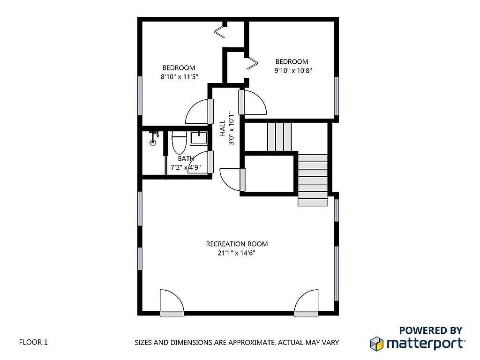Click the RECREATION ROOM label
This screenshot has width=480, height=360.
[x=237, y=244]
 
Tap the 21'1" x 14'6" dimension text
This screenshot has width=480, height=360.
[x=237, y=253]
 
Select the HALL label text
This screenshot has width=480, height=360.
[x=222, y=128]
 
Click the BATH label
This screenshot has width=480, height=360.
[x=186, y=159]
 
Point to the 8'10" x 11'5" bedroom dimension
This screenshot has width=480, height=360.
[x=179, y=76]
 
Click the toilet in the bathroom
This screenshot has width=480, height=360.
[x=179, y=142]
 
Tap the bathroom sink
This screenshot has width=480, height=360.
[x=198, y=138]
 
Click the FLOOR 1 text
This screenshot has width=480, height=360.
[x=33, y=342]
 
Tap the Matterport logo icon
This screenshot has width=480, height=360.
[x=377, y=343]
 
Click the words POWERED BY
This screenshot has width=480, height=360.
[x=430, y=330]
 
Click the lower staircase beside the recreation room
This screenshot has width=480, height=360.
[x=313, y=180]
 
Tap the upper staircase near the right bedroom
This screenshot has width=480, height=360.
[x=279, y=136]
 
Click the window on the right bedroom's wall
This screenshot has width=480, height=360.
[x=336, y=96]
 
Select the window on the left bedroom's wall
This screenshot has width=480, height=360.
[x=140, y=95]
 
